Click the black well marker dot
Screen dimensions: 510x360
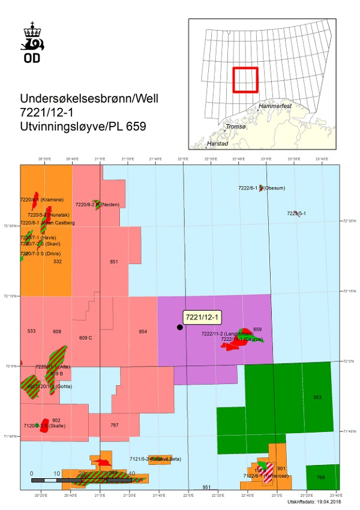click(x=179, y=327)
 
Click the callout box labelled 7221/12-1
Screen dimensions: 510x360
click(x=202, y=317)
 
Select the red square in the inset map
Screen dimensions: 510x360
click(x=245, y=80)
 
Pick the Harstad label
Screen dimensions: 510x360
click(x=217, y=144)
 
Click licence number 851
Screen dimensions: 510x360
click(x=114, y=262)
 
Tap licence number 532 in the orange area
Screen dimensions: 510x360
click(x=58, y=262)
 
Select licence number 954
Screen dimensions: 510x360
click(x=143, y=332)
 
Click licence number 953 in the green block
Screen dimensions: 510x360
click(x=317, y=397)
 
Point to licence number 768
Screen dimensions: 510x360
click(x=320, y=477)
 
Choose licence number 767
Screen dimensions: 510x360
click(x=115, y=425)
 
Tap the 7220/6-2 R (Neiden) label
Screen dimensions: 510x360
click(x=104, y=205)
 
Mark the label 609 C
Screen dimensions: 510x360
click(x=86, y=338)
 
